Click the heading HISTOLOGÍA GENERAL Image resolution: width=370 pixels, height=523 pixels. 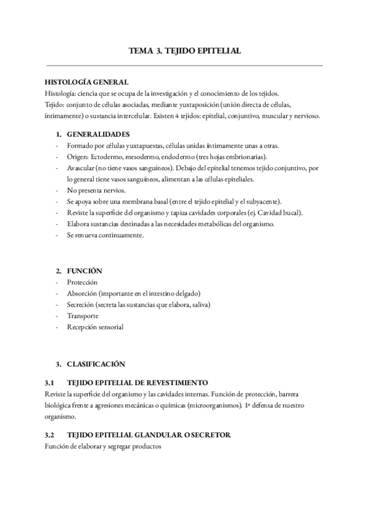[86, 82]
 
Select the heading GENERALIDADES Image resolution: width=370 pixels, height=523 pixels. [98, 134]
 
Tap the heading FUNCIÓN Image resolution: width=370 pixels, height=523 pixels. [84, 271]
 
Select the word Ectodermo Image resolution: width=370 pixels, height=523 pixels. [107, 157]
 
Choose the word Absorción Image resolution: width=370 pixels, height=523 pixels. [83, 293]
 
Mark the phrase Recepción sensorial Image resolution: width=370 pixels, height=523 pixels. [95, 327]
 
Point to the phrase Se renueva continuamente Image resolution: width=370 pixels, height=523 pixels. [105, 235]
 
